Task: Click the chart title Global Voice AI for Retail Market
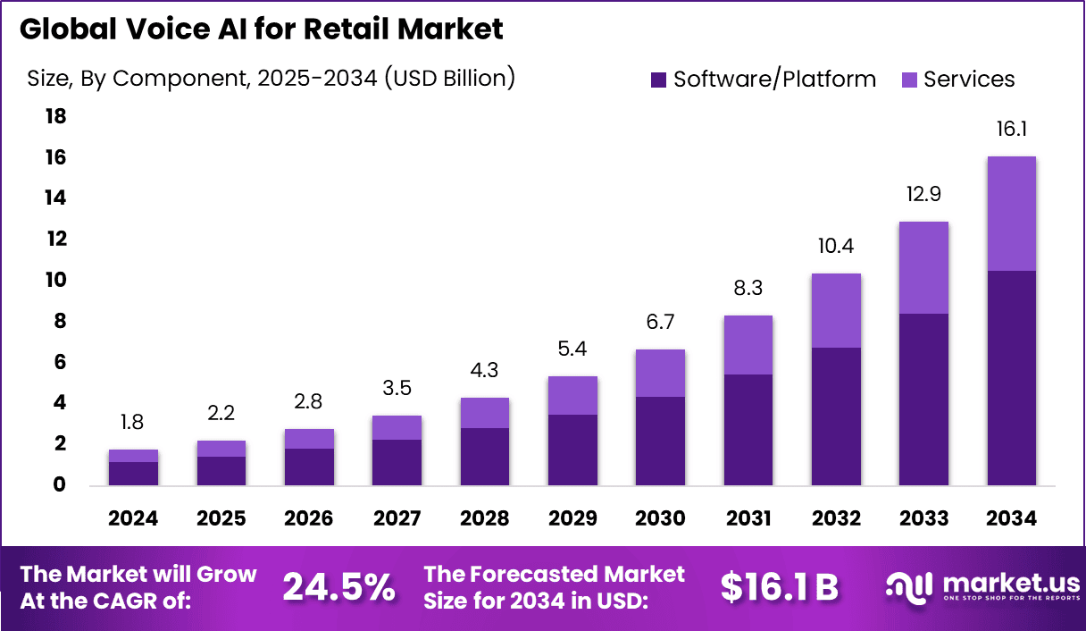pyautogui.click(x=261, y=29)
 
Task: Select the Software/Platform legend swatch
pyautogui.click(x=659, y=80)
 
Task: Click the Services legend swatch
pyautogui.click(x=909, y=80)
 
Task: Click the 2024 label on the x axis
pyautogui.click(x=133, y=519)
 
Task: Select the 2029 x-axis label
pyautogui.click(x=572, y=519)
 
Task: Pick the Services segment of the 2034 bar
pyautogui.click(x=1011, y=214)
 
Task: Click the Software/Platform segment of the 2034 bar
pyautogui.click(x=1011, y=377)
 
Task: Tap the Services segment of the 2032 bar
pyautogui.click(x=835, y=310)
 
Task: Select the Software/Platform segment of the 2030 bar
pyautogui.click(x=660, y=441)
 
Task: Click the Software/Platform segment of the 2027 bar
pyautogui.click(x=397, y=462)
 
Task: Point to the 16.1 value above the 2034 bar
pyautogui.click(x=1011, y=130)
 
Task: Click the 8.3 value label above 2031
pyautogui.click(x=748, y=289)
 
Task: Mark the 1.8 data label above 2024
pyautogui.click(x=133, y=423)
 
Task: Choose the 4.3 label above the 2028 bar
pyautogui.click(x=484, y=371)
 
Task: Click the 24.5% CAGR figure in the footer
pyautogui.click(x=338, y=587)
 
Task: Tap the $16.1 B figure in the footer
pyautogui.click(x=779, y=587)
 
